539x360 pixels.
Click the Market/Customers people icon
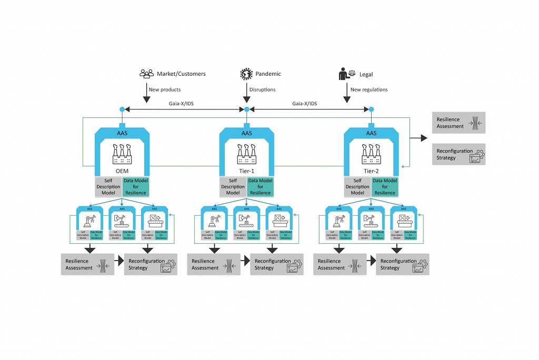coord(146,74)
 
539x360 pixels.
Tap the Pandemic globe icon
coord(246,74)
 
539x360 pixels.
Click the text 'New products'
coord(164,89)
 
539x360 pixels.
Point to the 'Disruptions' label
coord(262,89)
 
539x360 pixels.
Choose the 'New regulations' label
coord(369,89)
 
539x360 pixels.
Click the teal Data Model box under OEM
coord(136,186)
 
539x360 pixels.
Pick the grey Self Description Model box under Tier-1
coord(233,186)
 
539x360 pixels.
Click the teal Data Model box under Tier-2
coord(385,186)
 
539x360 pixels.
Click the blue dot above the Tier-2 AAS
coord(371,109)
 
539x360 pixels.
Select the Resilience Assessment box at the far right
coord(458,123)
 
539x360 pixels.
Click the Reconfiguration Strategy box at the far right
coord(458,154)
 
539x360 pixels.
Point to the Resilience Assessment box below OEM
coord(87,264)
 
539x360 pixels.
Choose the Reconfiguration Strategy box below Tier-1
coord(276,264)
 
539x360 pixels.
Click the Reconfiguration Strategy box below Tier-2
coord(402,264)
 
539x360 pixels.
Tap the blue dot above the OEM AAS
coord(122,109)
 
